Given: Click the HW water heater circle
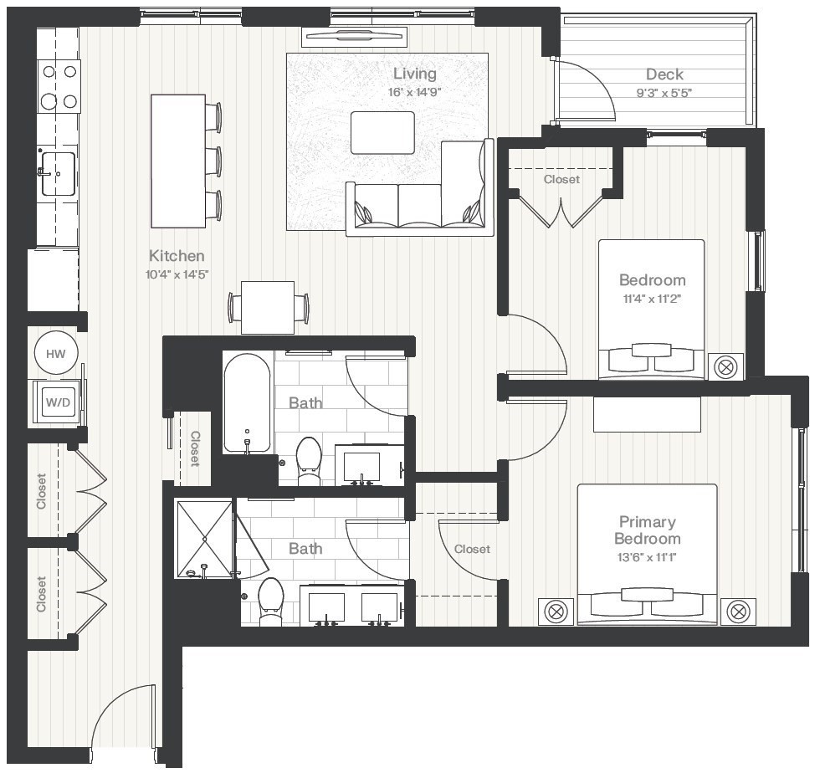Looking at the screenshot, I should pyautogui.click(x=56, y=354).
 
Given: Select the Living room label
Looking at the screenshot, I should pyautogui.click(x=414, y=74).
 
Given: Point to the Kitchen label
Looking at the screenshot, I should pyautogui.click(x=177, y=256).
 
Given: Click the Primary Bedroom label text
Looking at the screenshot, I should pyautogui.click(x=647, y=530).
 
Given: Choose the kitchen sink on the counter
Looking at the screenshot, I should pyautogui.click(x=59, y=173).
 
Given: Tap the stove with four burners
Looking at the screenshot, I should pyautogui.click(x=59, y=86).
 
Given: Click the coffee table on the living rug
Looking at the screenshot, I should pyautogui.click(x=382, y=132).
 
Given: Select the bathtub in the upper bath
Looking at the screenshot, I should pyautogui.click(x=247, y=402).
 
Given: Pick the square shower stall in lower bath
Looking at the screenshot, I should pyautogui.click(x=203, y=538).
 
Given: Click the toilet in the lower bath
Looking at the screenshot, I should pyautogui.click(x=271, y=601).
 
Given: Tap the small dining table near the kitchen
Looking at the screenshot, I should pyautogui.click(x=267, y=307).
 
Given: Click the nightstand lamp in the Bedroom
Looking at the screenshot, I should pyautogui.click(x=725, y=366).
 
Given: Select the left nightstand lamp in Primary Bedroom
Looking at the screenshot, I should pyautogui.click(x=556, y=612).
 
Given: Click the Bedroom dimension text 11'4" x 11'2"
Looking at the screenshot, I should pyautogui.click(x=652, y=299).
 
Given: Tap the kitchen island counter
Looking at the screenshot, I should pyautogui.click(x=177, y=161).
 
